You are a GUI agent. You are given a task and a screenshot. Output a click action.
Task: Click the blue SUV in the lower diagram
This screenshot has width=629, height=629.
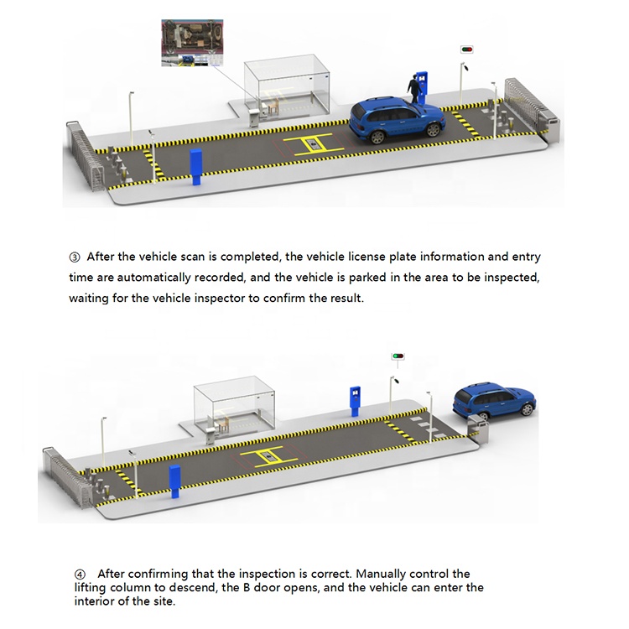tap(493, 401)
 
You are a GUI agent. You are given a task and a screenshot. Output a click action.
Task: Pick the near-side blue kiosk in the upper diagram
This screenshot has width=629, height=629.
tap(197, 168)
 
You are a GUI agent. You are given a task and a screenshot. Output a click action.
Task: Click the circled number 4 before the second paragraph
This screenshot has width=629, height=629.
tap(81, 574)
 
